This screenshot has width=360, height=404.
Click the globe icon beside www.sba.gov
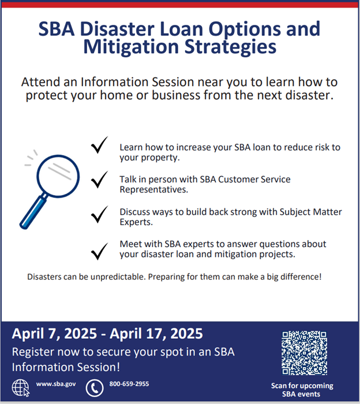coord(20,387)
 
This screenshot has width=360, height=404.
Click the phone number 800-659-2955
coord(129,383)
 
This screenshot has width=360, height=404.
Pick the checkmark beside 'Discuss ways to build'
coord(99,216)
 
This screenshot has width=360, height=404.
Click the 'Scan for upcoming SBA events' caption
coord(302,390)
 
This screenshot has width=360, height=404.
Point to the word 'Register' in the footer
coord(32,351)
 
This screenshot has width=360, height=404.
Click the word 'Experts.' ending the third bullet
coord(136,222)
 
